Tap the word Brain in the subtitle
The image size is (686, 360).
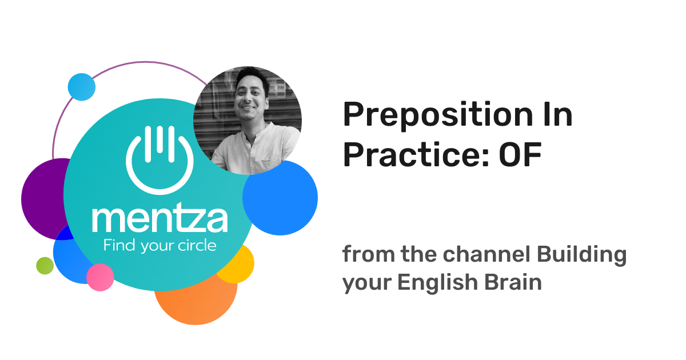coord(516,283)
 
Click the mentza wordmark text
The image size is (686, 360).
coord(159,219)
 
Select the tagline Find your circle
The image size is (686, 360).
coord(159,246)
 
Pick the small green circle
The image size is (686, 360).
coord(45,266)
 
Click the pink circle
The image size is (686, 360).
coord(100,277)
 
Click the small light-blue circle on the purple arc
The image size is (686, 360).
coord(81,87)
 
